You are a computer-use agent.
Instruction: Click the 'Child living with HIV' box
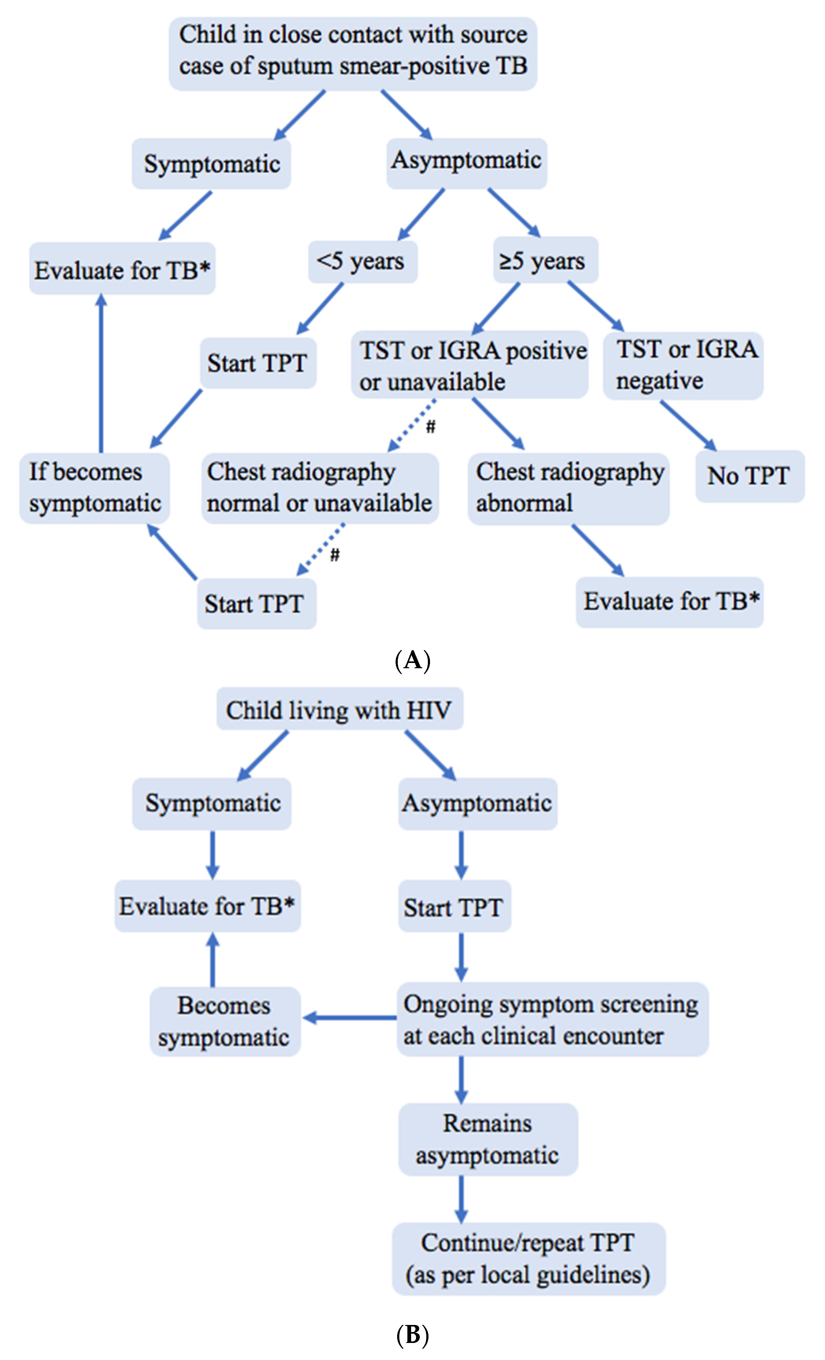339,709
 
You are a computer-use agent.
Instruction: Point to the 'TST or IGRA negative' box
683,365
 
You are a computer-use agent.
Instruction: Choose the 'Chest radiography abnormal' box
568,488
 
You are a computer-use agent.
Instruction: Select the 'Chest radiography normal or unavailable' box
320,488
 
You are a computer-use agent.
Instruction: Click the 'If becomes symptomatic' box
94,488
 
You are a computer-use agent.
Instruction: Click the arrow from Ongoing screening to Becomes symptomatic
350,1017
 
